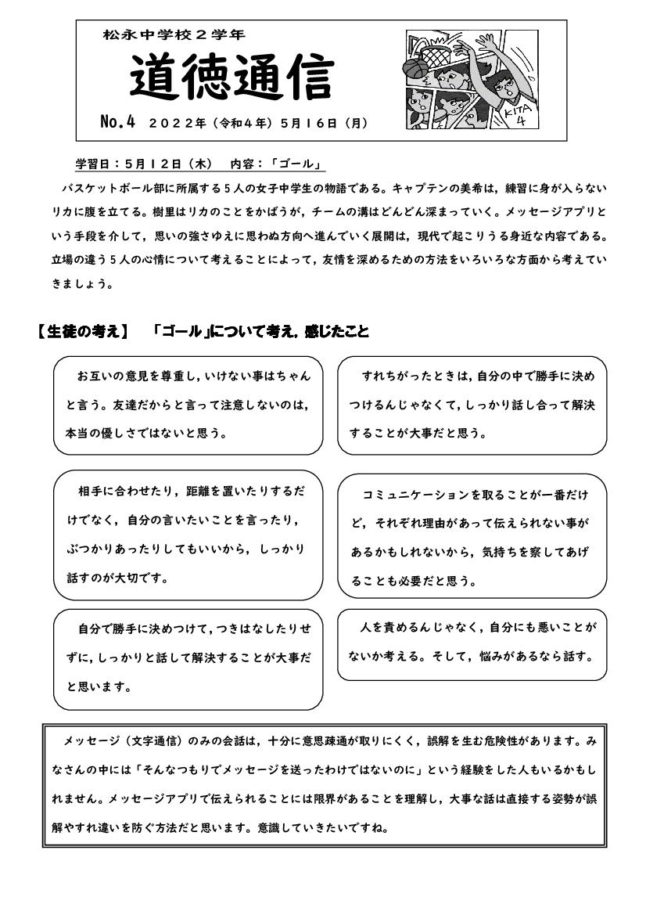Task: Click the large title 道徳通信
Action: tap(231, 78)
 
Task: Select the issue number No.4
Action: tap(118, 122)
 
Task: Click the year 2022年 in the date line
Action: tap(178, 123)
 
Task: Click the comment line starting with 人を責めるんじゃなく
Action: tap(478, 628)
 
